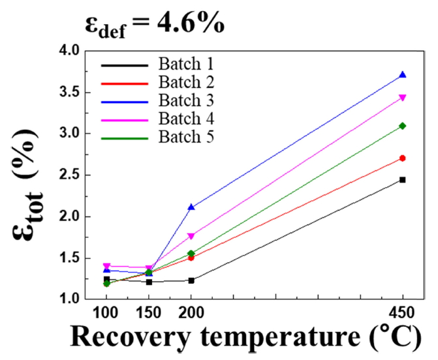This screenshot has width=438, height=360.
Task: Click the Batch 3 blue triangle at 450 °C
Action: point(403,75)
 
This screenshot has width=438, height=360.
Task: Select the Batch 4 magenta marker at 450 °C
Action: point(403,98)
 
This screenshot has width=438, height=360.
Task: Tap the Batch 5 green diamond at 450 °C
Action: point(403,126)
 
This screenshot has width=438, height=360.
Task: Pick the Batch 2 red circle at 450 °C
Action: point(403,158)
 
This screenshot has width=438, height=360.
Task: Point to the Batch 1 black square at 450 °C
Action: point(403,179)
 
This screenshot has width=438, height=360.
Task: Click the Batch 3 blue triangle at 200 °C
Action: point(191,207)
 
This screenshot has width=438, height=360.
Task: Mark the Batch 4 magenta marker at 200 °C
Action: point(191,236)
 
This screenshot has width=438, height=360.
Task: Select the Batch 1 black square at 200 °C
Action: point(191,280)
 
